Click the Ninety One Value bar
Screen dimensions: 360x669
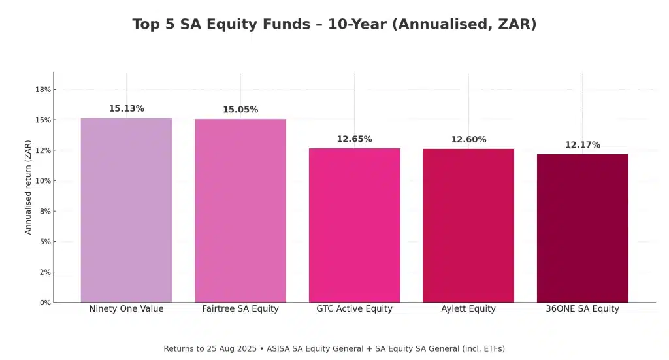[126, 210]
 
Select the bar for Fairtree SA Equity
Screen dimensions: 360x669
[240, 210]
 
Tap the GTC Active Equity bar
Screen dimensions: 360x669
[354, 225]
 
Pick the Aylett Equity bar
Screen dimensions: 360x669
[468, 225]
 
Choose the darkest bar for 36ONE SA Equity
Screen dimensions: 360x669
[582, 228]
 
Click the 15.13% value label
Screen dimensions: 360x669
[126, 109]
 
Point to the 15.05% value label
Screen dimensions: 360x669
[240, 110]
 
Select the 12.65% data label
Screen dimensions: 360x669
[354, 139]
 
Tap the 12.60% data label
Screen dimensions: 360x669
[468, 140]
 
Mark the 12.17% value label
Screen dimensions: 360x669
[582, 145]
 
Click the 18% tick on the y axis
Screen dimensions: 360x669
[43, 90]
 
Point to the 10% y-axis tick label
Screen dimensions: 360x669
[43, 181]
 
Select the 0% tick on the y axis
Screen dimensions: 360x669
[45, 303]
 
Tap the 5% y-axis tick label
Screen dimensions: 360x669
[45, 242]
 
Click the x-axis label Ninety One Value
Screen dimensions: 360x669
[126, 309]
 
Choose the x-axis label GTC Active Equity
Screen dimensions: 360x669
[354, 309]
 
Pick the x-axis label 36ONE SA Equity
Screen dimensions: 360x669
[582, 309]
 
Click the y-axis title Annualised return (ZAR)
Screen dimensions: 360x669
[28, 188]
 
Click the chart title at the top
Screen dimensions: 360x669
[334, 25]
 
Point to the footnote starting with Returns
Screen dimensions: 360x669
[334, 349]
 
